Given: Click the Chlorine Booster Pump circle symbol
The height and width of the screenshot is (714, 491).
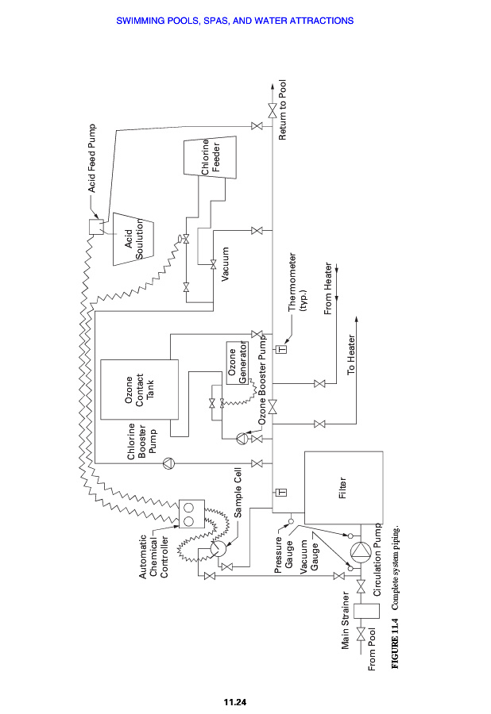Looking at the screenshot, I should point(168,463).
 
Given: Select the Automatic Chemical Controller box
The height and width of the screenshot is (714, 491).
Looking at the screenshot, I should point(190,513).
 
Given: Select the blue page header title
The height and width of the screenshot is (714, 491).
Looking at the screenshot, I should point(246,21).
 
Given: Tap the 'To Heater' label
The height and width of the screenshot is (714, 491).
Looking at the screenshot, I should point(351,357).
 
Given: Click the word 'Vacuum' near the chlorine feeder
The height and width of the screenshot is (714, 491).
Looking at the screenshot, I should point(226,264).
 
